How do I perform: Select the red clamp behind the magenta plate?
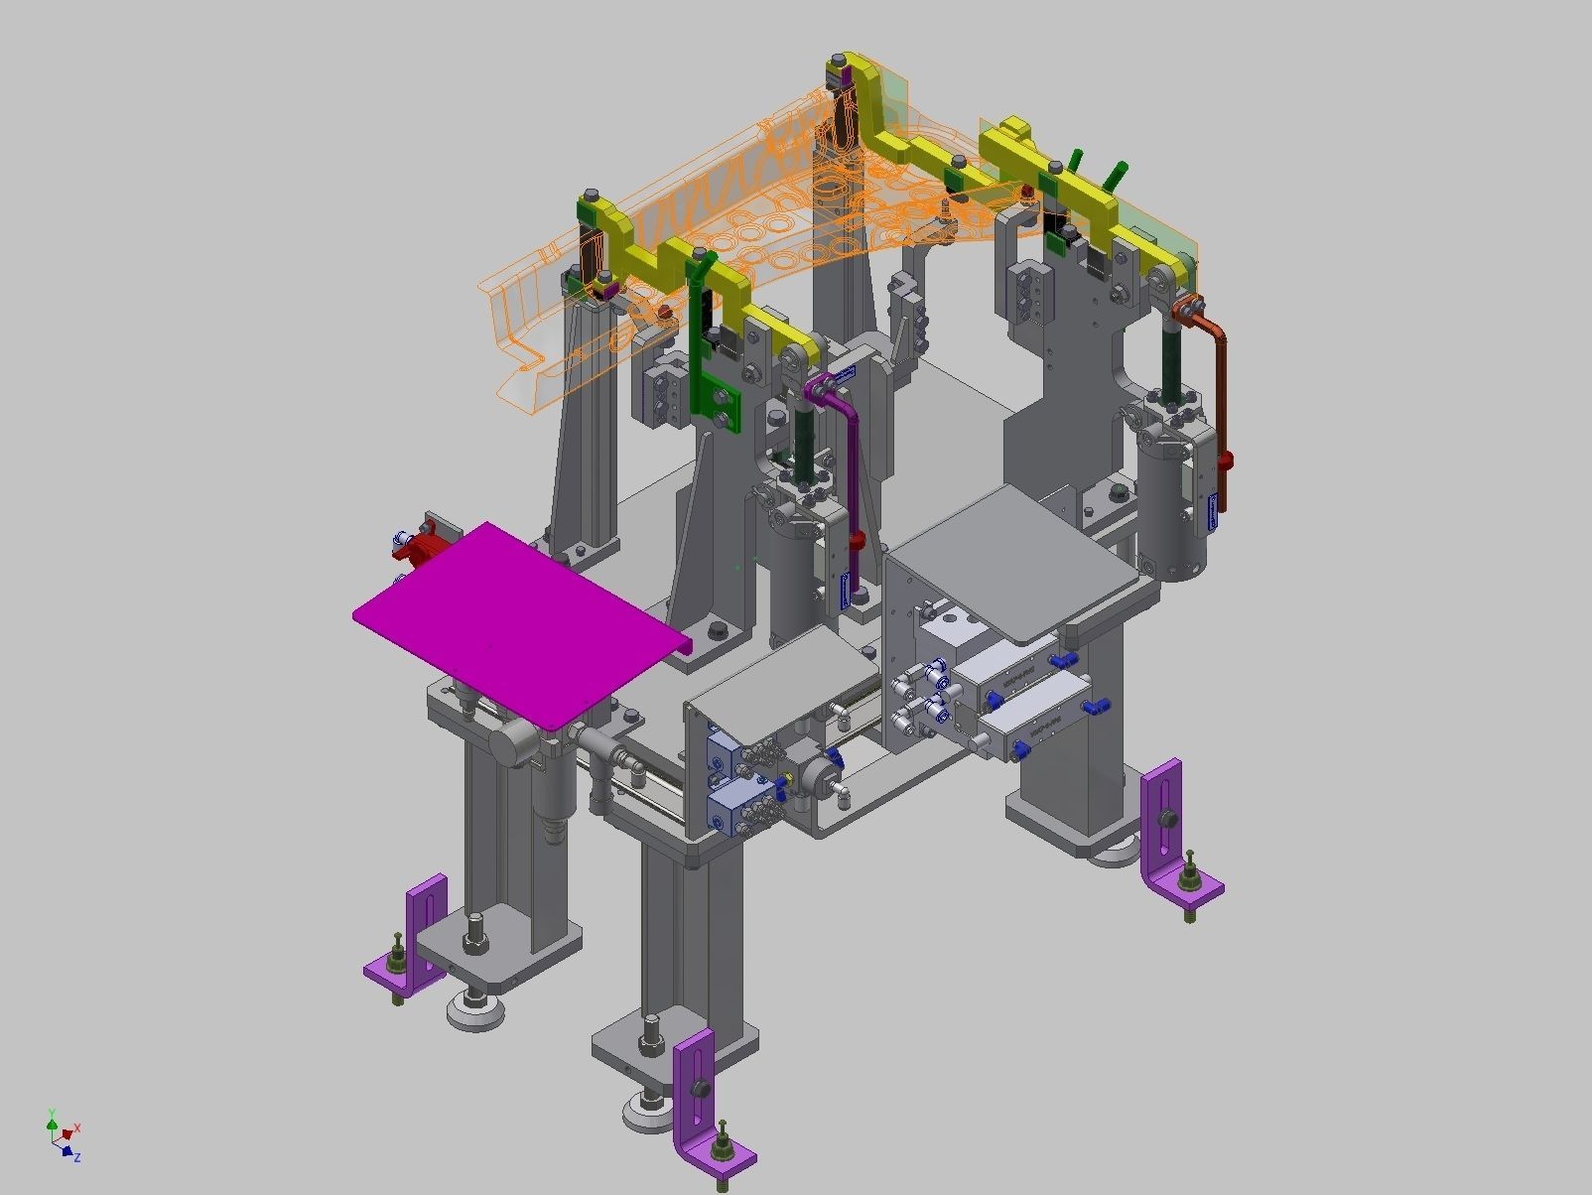point(423,547)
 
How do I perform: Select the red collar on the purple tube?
point(859,541)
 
